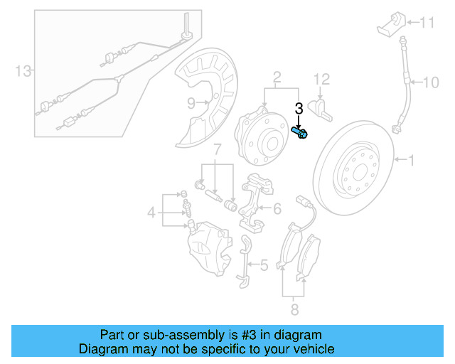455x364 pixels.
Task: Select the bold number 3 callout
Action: click(299, 109)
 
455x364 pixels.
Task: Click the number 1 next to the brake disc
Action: click(410, 161)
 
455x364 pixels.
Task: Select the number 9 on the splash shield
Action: click(191, 103)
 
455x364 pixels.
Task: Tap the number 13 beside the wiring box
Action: click(23, 70)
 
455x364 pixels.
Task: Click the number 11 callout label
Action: click(426, 23)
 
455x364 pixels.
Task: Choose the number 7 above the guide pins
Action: click(218, 150)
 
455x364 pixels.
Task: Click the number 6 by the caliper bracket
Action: click(277, 208)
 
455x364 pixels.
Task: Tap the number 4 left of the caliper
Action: click(151, 211)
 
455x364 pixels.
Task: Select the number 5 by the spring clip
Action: click(263, 265)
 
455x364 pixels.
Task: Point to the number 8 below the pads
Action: click(294, 309)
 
